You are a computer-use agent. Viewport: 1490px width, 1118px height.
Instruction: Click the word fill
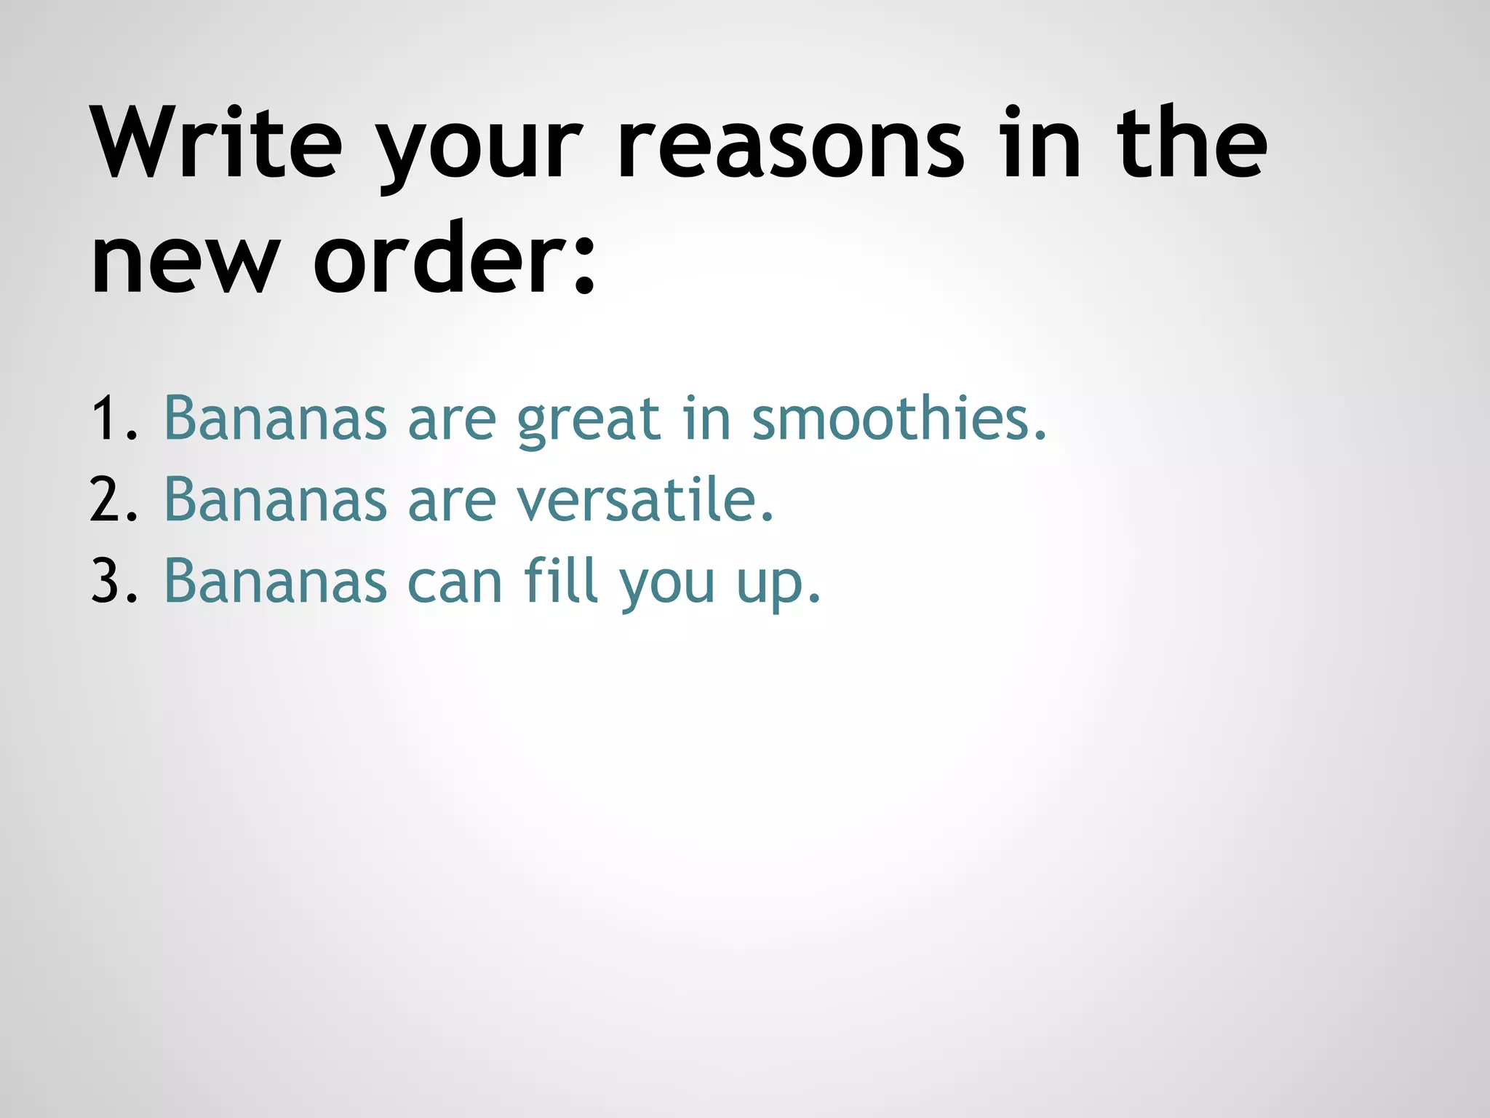tap(561, 580)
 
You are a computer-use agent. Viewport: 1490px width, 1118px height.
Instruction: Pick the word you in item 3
tap(667, 586)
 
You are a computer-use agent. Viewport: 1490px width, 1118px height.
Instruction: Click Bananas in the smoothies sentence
tap(276, 419)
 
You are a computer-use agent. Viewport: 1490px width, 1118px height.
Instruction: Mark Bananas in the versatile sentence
tap(276, 500)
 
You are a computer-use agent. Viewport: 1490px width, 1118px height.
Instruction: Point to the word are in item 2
tap(452, 502)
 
